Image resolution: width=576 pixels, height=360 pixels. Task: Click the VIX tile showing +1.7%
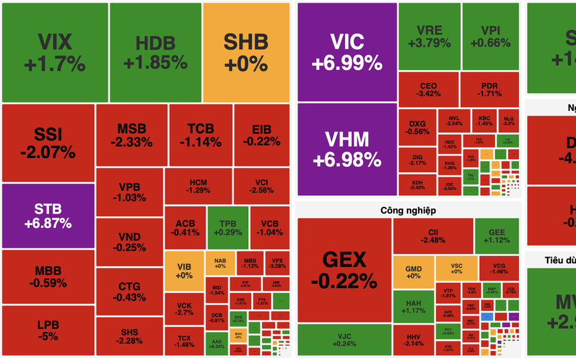(x=55, y=53)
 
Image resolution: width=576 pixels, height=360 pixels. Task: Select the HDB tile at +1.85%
(x=155, y=53)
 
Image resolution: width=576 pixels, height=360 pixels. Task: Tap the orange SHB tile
(x=246, y=53)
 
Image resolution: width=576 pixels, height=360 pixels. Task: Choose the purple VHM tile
(x=347, y=149)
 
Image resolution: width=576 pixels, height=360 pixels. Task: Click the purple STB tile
(x=48, y=216)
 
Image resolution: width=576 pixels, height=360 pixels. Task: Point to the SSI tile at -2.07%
(x=48, y=143)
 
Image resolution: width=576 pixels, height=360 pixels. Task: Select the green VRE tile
(x=429, y=37)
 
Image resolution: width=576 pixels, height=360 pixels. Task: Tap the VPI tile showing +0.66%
(x=491, y=37)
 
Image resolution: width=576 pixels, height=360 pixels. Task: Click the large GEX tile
(x=344, y=270)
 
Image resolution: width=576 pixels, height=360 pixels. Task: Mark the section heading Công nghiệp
(x=408, y=211)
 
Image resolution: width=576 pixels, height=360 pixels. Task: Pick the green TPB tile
(x=227, y=227)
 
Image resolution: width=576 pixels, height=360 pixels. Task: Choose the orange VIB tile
(x=184, y=271)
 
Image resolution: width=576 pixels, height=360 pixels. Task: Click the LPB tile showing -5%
(x=48, y=331)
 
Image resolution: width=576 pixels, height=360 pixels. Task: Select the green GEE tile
(x=497, y=236)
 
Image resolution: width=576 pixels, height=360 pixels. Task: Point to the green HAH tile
(x=413, y=306)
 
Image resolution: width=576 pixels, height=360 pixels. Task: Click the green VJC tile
(x=344, y=340)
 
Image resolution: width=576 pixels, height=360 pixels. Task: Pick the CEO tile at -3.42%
(x=428, y=90)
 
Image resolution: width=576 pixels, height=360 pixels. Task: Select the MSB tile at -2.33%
(x=131, y=134)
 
